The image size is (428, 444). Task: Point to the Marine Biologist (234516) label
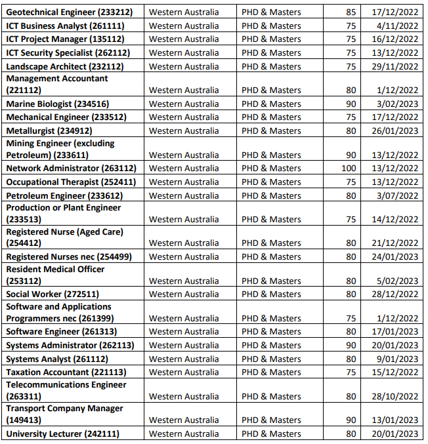[58, 104]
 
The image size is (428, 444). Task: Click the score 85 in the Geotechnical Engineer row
[351, 12]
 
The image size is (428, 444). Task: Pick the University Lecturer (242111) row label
[62, 434]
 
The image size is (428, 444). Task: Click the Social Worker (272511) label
[53, 294]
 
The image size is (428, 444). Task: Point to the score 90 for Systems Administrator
[351, 345]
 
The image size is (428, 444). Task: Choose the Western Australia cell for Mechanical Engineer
[184, 117]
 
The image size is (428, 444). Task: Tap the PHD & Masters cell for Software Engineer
[271, 331]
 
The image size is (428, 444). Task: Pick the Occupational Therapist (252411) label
[71, 182]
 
